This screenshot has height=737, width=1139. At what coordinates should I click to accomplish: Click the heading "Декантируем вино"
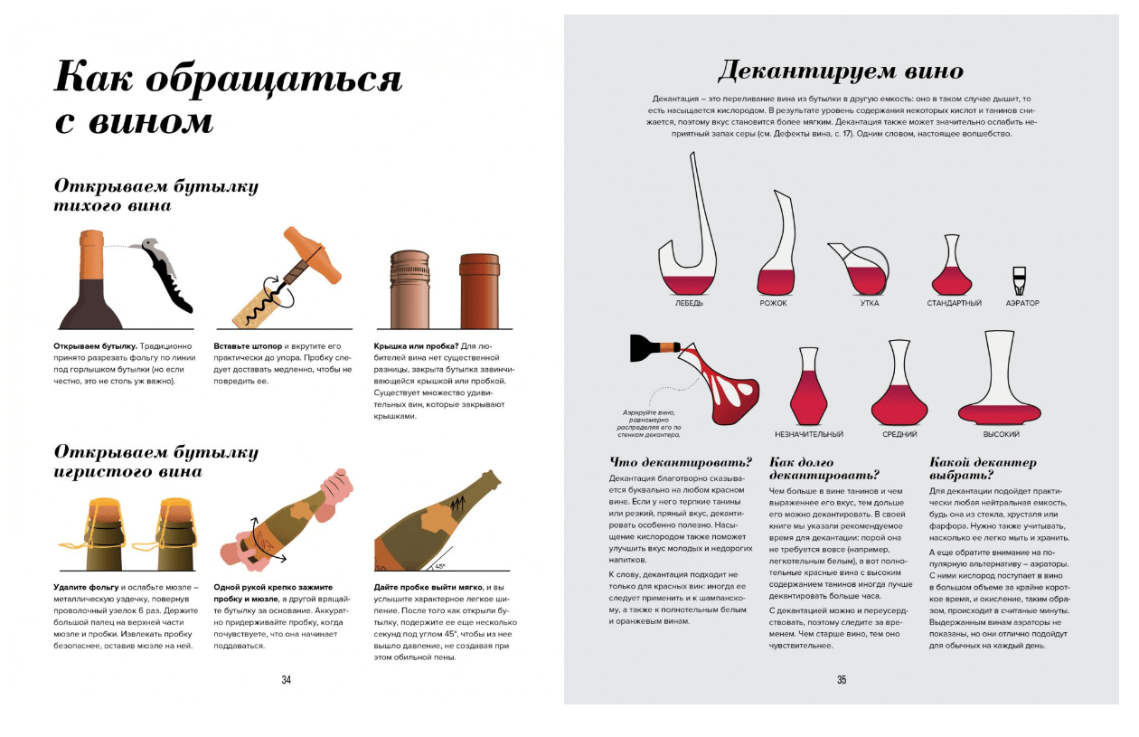pyautogui.click(x=841, y=71)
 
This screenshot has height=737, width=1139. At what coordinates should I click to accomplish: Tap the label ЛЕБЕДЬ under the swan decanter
pyautogui.click(x=689, y=303)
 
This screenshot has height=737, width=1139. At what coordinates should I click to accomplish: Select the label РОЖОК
pyautogui.click(x=773, y=303)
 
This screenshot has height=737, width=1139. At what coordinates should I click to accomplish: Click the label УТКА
pyautogui.click(x=870, y=303)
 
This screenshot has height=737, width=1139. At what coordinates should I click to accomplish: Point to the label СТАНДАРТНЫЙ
pyautogui.click(x=954, y=303)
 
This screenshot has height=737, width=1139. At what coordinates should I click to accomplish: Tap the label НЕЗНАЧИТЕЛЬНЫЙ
pyautogui.click(x=809, y=435)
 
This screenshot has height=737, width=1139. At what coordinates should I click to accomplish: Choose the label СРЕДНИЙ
pyautogui.click(x=899, y=435)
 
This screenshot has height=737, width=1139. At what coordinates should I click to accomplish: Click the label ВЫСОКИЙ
pyautogui.click(x=1002, y=435)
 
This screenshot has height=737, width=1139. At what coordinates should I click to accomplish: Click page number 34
pyautogui.click(x=286, y=680)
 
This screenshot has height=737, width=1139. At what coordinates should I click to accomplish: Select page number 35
pyautogui.click(x=841, y=680)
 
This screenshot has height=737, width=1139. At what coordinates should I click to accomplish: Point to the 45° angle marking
pyautogui.click(x=440, y=566)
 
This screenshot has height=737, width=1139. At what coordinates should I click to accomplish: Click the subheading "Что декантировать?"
pyautogui.click(x=681, y=463)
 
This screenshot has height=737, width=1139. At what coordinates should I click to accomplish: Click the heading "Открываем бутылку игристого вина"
pyautogui.click(x=155, y=461)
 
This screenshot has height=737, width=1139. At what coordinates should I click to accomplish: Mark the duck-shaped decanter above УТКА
pyautogui.click(x=860, y=269)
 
